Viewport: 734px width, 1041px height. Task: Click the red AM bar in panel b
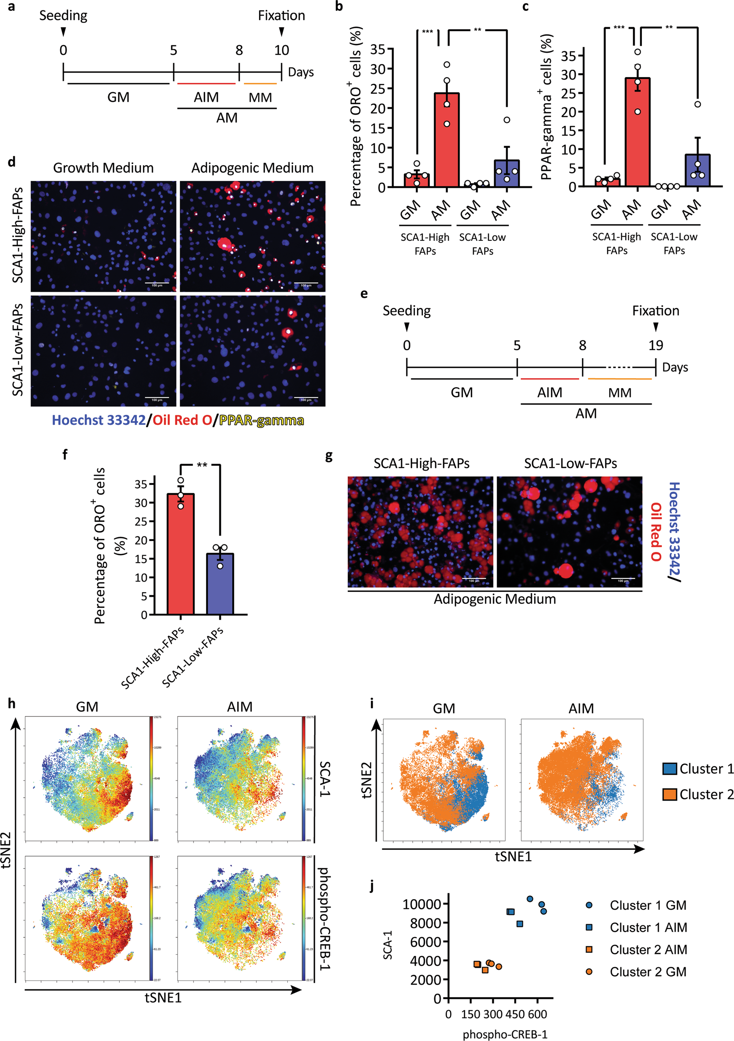pyautogui.click(x=447, y=141)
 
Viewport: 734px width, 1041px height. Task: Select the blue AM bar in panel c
pyautogui.click(x=697, y=170)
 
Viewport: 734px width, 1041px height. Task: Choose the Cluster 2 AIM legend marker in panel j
pyautogui.click(x=589, y=950)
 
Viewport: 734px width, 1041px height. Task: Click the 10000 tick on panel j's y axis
pyautogui.click(x=421, y=904)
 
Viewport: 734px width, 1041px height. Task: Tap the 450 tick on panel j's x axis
pyautogui.click(x=515, y=1014)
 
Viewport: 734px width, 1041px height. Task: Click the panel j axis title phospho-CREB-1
pyautogui.click(x=505, y=1034)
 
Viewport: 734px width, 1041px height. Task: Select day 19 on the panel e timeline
pyautogui.click(x=655, y=346)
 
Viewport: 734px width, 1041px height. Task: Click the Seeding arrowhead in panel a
pyautogui.click(x=63, y=32)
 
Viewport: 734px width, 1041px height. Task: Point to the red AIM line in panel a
pyautogui.click(x=206, y=83)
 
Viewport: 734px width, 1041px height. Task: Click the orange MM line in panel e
pyautogui.click(x=619, y=379)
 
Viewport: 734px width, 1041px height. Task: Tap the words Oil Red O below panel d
pyautogui.click(x=182, y=420)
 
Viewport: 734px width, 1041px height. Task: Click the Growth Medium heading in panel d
pyautogui.click(x=103, y=168)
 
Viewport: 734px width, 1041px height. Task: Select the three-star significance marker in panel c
pyautogui.click(x=618, y=28)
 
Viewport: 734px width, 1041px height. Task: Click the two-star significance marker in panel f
pyautogui.click(x=201, y=465)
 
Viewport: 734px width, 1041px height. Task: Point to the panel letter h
pyautogui.click(x=12, y=703)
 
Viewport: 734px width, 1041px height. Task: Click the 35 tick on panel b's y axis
pyautogui.click(x=377, y=49)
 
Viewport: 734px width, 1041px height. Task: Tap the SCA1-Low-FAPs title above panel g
pyautogui.click(x=570, y=463)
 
